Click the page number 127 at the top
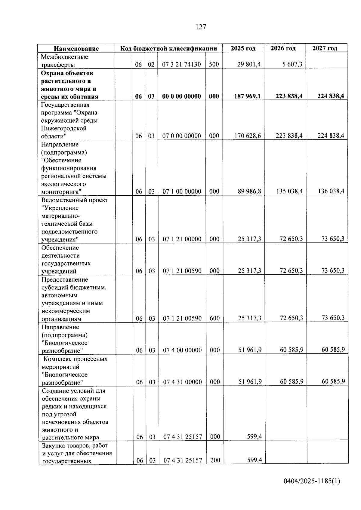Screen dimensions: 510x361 (201, 27)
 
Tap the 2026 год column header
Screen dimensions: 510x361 (283, 48)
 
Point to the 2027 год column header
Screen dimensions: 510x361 (325, 48)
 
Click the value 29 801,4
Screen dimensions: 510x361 (249, 64)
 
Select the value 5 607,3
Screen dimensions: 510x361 (292, 64)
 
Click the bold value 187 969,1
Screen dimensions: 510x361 (248, 96)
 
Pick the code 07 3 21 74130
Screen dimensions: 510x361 (181, 64)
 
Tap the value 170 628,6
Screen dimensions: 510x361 (248, 136)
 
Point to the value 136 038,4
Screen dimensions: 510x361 (331, 191)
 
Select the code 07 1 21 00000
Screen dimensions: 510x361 (182, 239)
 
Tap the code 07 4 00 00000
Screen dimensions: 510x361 (182, 350)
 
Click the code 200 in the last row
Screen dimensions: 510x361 (215, 460)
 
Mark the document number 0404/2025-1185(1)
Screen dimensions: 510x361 (312, 481)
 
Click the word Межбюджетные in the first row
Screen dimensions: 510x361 (64, 57)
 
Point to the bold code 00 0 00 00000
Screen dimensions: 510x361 (181, 96)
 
